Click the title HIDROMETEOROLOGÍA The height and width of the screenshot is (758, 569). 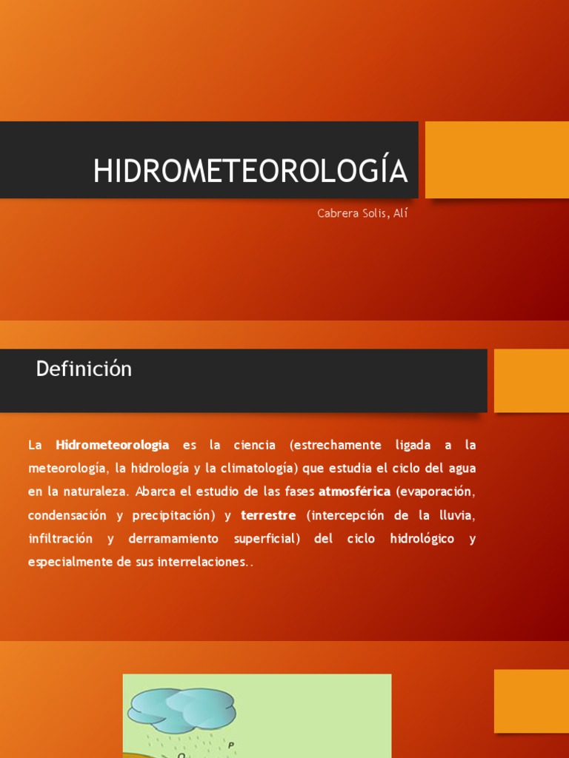[x=250, y=171]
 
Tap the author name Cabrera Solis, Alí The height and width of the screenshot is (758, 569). [x=362, y=214]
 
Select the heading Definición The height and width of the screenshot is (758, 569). [x=84, y=369]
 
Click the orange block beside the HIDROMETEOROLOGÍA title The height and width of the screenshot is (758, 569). [x=496, y=160]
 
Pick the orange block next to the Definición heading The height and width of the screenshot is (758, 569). [x=530, y=380]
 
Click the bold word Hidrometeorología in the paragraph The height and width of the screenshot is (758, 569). [x=113, y=445]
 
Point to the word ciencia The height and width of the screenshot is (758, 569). [x=254, y=445]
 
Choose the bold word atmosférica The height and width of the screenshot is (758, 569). [x=354, y=492]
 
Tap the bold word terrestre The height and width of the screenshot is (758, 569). [x=268, y=515]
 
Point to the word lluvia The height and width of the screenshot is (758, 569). [x=453, y=515]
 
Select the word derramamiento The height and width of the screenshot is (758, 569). [x=173, y=538]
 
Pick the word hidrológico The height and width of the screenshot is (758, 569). [x=422, y=538]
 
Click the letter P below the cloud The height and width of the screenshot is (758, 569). [x=231, y=745]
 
